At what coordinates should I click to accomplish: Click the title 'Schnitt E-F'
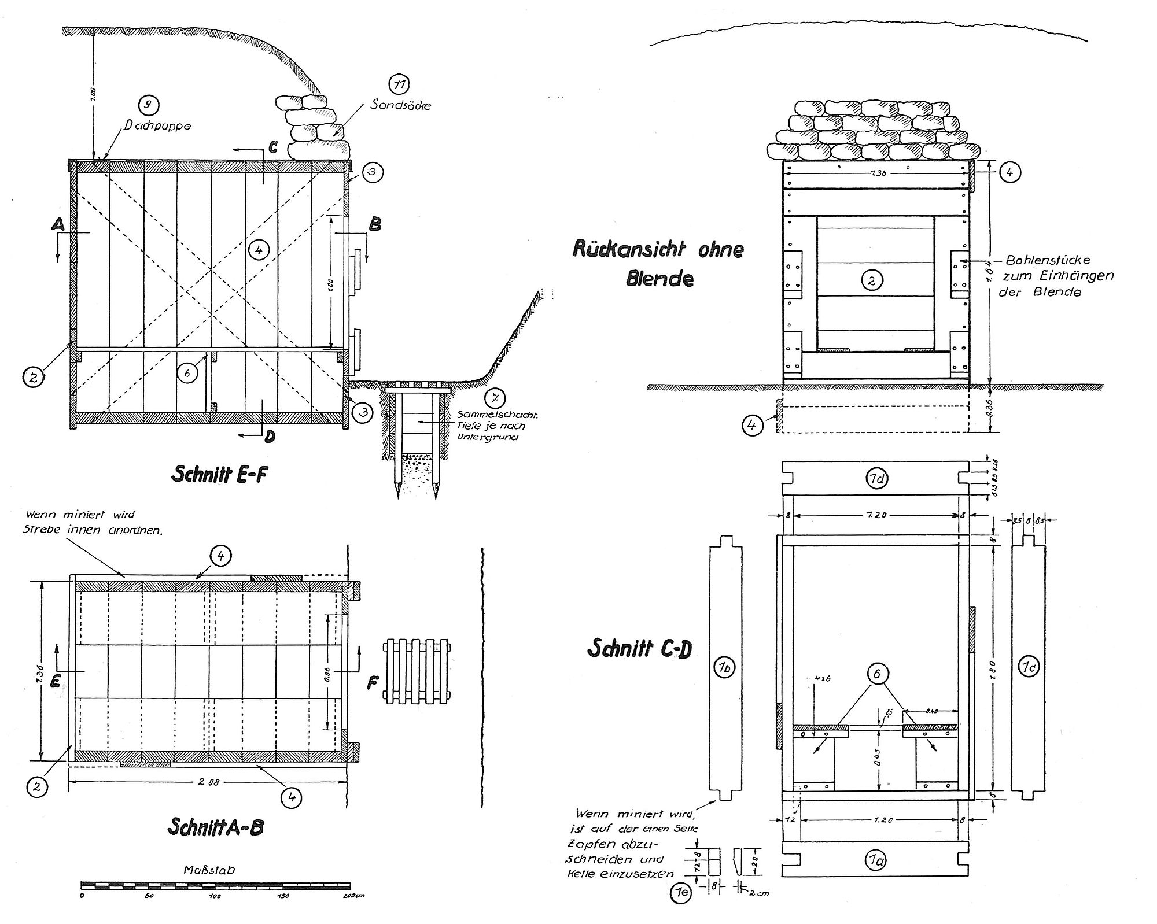click(x=219, y=475)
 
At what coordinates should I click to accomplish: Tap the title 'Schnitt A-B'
click(x=215, y=827)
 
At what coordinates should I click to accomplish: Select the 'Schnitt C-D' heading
click(x=639, y=649)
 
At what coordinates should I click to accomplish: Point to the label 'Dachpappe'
click(x=157, y=125)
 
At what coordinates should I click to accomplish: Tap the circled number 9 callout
click(x=149, y=105)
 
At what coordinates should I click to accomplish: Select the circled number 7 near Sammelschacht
click(x=496, y=398)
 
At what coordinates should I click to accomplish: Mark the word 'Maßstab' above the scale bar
click(x=209, y=870)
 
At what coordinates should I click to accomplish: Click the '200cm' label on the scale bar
click(x=353, y=896)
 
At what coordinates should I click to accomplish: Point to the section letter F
click(x=373, y=683)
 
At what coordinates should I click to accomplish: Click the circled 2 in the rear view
click(x=871, y=280)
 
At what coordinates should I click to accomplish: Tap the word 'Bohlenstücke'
click(x=1048, y=260)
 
